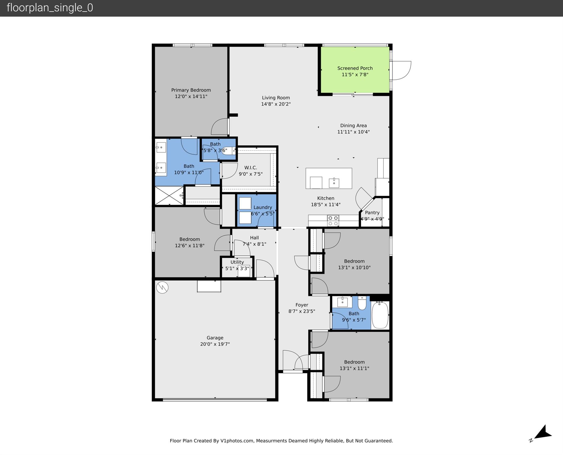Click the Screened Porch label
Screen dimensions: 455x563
[355, 68]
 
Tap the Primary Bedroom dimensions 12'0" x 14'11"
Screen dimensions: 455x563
[191, 96]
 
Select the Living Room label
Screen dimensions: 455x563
[276, 98]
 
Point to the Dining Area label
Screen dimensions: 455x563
[353, 125]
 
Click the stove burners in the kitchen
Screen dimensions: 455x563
[333, 221]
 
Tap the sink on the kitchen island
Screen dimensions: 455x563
[334, 183]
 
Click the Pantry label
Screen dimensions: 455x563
[372, 213]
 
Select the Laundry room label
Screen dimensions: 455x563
[263, 207]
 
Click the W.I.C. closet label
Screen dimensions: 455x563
[250, 167]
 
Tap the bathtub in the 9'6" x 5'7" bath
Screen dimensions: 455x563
[380, 315]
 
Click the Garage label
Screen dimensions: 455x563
[215, 338]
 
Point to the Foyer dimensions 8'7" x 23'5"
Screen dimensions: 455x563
[302, 311]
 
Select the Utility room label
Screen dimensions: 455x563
[237, 262]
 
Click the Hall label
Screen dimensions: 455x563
[254, 238]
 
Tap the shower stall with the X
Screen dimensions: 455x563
[169, 195]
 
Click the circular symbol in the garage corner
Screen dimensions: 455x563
[162, 287]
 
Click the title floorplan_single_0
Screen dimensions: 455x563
[50, 8]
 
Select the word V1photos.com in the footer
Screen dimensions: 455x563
[237, 441]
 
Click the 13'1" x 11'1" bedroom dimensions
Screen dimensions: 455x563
[354, 368]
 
